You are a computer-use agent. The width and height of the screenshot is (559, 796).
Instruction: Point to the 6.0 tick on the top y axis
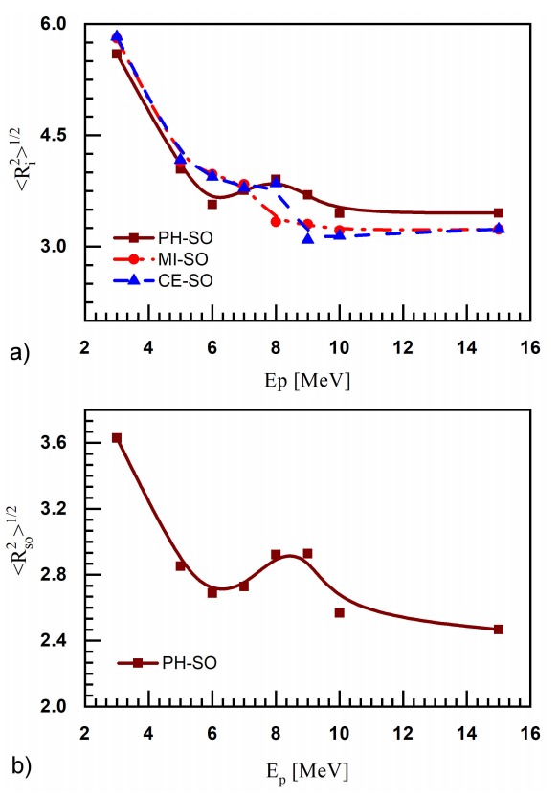point(59,24)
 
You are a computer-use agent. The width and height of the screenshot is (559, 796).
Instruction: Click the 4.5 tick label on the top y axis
point(59,135)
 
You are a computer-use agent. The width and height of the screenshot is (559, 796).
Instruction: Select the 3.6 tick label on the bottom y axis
point(59,443)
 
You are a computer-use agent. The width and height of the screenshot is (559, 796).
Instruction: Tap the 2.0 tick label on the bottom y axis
point(59,706)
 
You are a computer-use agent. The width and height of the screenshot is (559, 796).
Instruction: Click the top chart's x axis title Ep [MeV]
point(307,381)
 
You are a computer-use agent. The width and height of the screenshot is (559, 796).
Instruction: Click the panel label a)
point(19,355)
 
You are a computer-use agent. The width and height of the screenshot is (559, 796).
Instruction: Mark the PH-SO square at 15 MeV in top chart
point(499,213)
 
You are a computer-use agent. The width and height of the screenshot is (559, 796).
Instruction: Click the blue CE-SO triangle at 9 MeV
point(308,238)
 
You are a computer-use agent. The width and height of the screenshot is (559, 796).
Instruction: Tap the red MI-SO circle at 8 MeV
point(276,221)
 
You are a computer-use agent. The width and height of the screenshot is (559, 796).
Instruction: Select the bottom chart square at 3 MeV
point(117,438)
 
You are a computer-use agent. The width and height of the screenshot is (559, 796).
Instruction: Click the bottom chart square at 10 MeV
point(340,612)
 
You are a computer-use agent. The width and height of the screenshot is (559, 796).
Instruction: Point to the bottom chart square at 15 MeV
point(499,630)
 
